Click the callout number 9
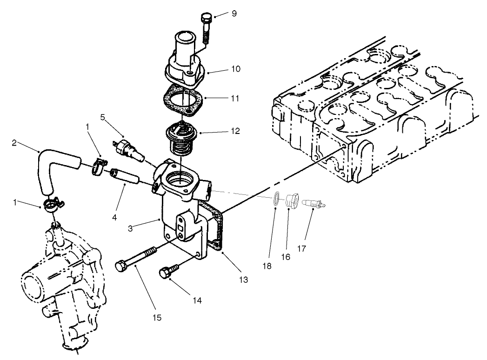(234, 13)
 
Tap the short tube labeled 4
(124, 177)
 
